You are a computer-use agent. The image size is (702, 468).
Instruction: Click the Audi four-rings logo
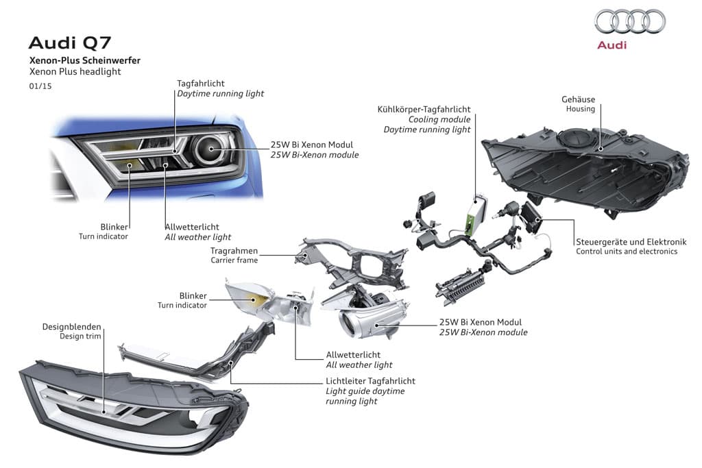[x=630, y=21]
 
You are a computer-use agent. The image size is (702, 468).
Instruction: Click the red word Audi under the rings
[x=612, y=45]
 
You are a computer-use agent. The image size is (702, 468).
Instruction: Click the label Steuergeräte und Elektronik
[x=631, y=242]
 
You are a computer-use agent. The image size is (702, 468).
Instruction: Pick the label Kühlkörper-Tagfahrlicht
[x=424, y=110]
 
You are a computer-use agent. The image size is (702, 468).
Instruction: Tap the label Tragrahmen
[x=234, y=251]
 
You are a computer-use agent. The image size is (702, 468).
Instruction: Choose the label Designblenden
[x=71, y=327]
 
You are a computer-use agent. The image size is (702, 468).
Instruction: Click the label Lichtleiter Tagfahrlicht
[x=370, y=381]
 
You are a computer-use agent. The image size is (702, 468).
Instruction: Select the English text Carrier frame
[x=234, y=260]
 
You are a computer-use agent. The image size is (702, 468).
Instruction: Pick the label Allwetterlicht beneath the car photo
[x=198, y=227]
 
